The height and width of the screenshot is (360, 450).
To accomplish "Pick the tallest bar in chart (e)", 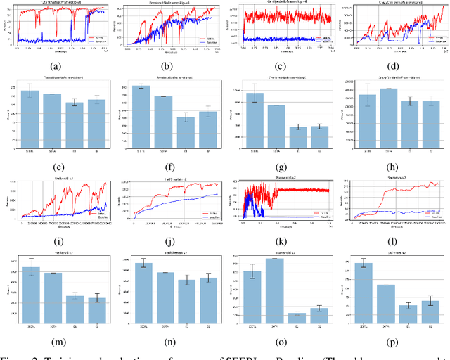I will pyautogui.click(x=30, y=119).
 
